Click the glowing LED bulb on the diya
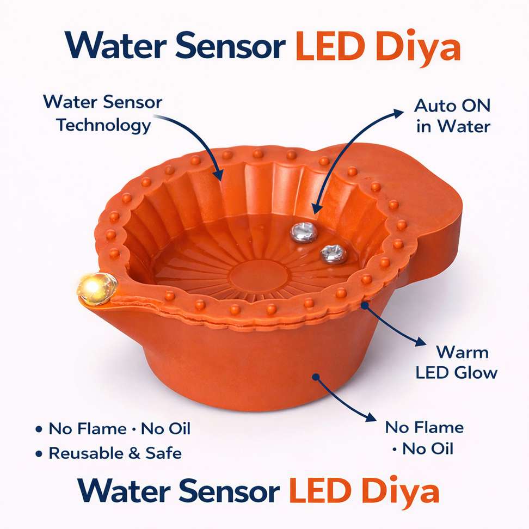tap(97, 289)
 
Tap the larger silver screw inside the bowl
tap(304, 232)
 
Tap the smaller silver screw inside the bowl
tap(333, 254)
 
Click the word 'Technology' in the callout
tap(104, 126)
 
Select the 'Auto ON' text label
tap(452, 106)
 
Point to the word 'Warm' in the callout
tap(462, 352)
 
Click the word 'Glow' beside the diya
tap(476, 373)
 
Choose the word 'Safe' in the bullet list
tap(164, 453)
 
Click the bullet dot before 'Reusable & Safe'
tap(39, 453)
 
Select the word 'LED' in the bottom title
tap(319, 491)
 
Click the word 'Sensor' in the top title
tap(230, 46)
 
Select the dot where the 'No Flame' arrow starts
tap(316, 377)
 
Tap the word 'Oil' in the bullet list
tap(179, 429)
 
